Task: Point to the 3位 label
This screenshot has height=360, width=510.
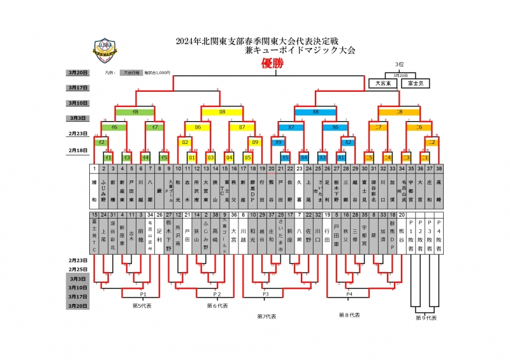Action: [x=400, y=64]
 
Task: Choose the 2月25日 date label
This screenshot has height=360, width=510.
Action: [x=77, y=270]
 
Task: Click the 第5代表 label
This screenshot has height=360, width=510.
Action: [x=141, y=306]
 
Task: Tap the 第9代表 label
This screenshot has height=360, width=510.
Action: [x=426, y=317]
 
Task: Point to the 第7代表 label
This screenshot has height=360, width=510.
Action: [x=266, y=316]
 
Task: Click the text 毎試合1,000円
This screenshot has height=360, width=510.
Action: [x=157, y=73]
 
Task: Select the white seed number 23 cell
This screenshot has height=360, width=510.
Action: [x=299, y=169]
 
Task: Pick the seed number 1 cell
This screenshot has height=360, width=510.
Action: [x=94, y=169]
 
